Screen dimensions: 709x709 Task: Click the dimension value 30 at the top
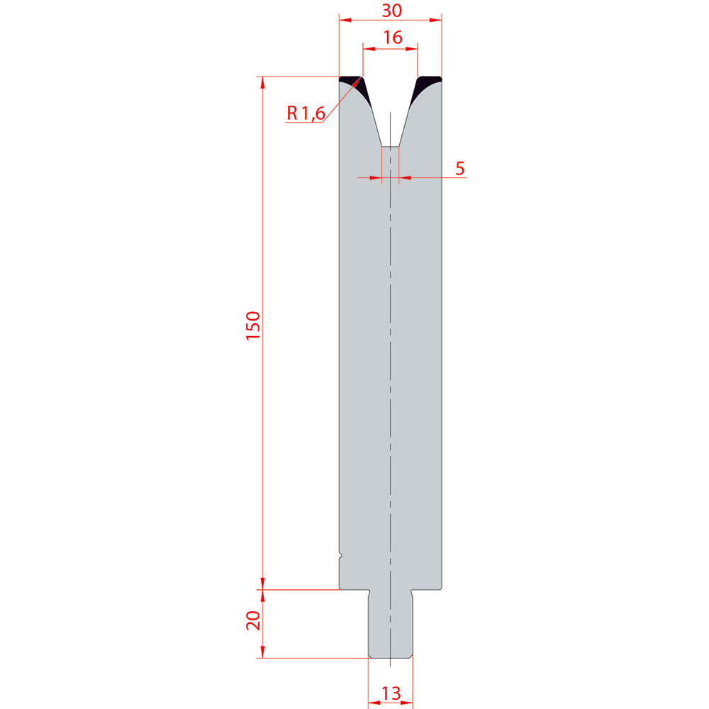pyautogui.click(x=391, y=10)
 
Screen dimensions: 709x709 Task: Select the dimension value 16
pyautogui.click(x=393, y=37)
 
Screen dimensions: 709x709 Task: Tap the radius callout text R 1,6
pyautogui.click(x=306, y=113)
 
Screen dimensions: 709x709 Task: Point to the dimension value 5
pyautogui.click(x=460, y=168)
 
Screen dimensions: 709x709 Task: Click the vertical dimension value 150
pyautogui.click(x=253, y=325)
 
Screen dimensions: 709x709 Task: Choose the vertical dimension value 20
pyautogui.click(x=253, y=620)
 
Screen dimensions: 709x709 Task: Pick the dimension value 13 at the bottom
pyautogui.click(x=391, y=693)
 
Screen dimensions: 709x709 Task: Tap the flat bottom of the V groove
pyautogui.click(x=390, y=147)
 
